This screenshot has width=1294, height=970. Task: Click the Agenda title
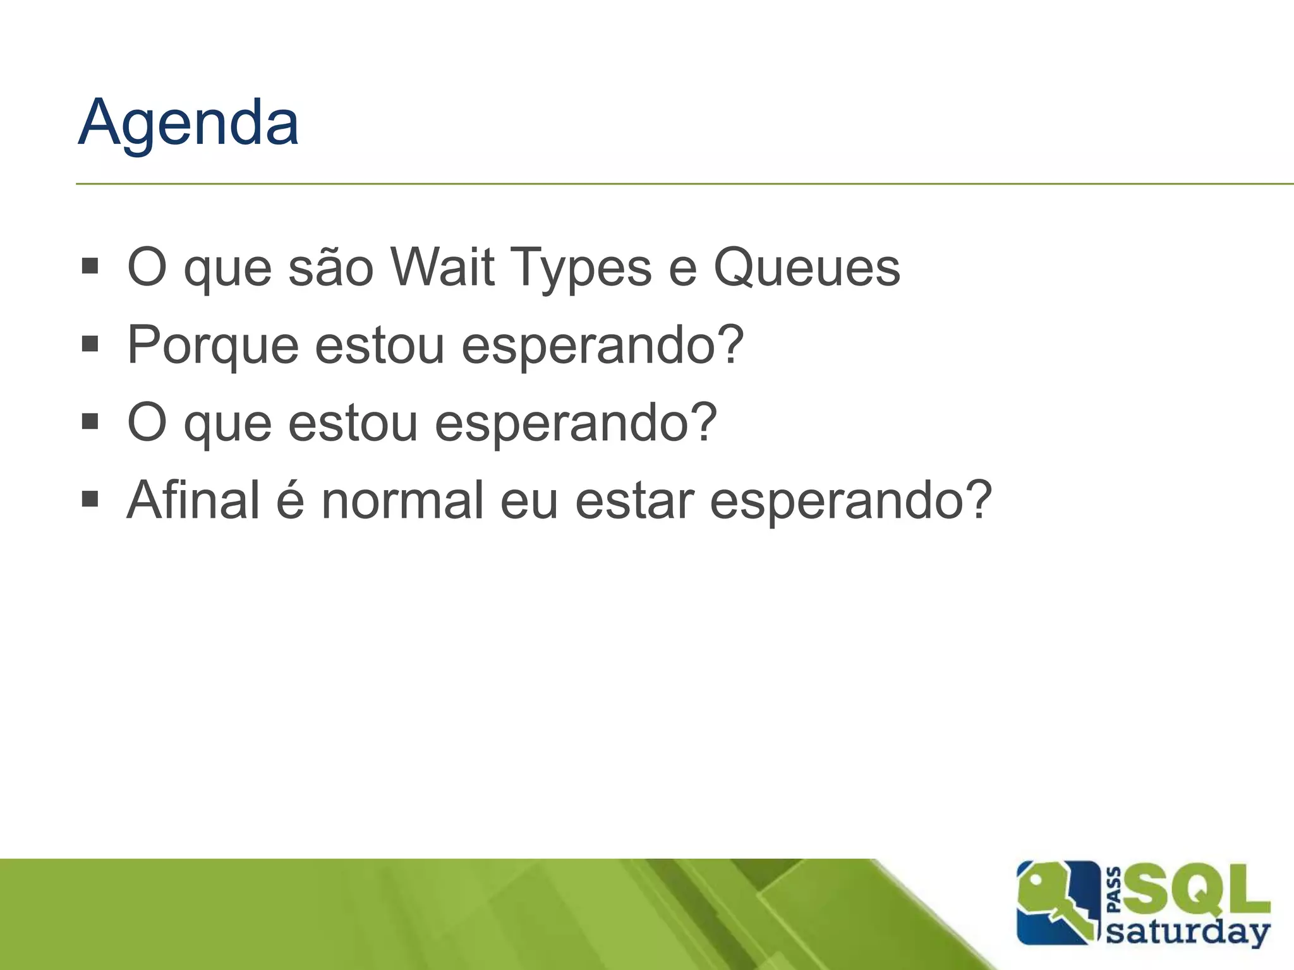point(188,123)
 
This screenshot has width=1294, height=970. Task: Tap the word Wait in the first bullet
point(442,267)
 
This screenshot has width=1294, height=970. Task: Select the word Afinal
point(193,500)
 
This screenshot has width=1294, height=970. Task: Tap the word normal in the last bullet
point(402,500)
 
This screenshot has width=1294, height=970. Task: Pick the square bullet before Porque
point(90,344)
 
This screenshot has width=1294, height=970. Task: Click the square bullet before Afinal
point(90,500)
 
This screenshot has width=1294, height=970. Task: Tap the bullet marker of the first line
point(90,266)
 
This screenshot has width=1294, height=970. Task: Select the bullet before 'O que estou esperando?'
point(90,421)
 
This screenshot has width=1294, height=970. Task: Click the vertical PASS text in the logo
point(1115,890)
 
